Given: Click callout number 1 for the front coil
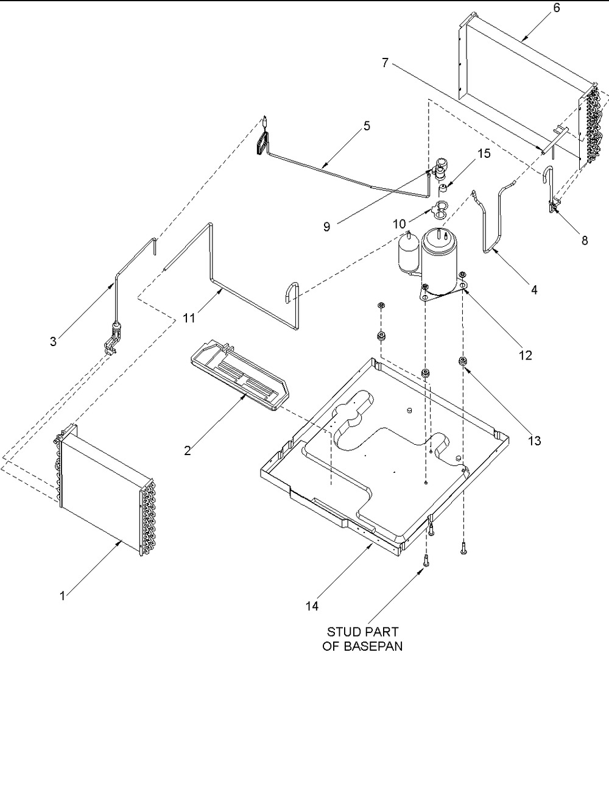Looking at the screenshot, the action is tap(63, 596).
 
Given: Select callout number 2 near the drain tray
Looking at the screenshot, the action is tap(188, 451).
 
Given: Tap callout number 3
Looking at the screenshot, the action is tap(54, 341).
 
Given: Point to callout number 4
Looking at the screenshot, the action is tap(534, 290).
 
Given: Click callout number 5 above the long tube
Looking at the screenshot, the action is tap(367, 126).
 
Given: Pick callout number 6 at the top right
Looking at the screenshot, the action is tap(557, 8).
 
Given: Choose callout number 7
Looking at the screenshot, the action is tap(385, 63).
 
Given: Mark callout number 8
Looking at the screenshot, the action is tap(585, 241).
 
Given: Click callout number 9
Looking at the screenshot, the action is tap(326, 227).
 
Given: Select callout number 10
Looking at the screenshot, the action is tap(400, 224).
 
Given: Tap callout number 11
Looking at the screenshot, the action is tap(189, 318).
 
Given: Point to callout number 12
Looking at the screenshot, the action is tap(525, 355).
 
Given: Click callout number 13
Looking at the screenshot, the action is tap(535, 440).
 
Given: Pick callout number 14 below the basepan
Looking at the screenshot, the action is tap(312, 606).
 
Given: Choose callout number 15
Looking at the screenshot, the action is tap(484, 154).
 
